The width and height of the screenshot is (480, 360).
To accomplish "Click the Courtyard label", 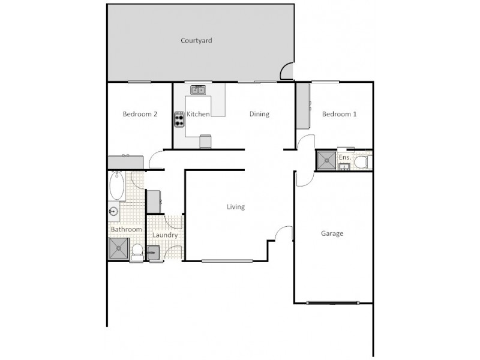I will point(196,41).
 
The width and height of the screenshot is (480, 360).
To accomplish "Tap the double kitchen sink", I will point(198,90).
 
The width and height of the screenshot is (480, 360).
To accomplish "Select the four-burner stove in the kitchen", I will point(179,119).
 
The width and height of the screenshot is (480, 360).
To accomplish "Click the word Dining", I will point(259,114).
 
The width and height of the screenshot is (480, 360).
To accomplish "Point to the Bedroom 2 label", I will point(140,114).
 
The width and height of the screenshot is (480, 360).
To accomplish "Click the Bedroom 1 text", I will point(339,114).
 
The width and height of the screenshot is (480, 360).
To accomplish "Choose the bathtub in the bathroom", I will point(116,187).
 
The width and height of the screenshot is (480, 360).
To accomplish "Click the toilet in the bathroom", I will point(136,252).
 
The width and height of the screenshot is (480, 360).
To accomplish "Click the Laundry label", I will point(164,235).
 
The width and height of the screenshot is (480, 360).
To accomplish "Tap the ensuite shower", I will point(327,160).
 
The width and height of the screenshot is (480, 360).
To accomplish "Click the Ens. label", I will point(344,157).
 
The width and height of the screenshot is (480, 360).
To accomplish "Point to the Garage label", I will point(332,233).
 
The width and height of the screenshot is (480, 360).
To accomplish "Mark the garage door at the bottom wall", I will point(333,302).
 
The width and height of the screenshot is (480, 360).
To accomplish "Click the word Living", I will point(235,207).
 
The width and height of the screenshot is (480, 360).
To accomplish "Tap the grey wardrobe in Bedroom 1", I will point(302,106).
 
